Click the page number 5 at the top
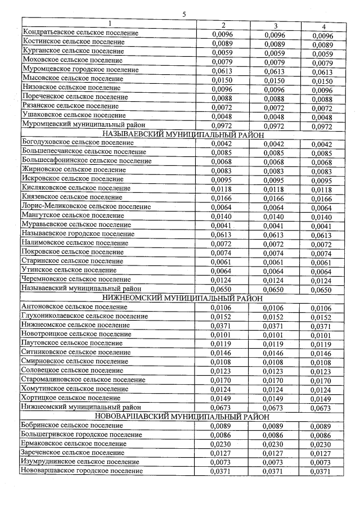(x=184, y=14)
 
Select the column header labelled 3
(x=276, y=25)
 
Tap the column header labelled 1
(x=110, y=24)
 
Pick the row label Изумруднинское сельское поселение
(x=79, y=461)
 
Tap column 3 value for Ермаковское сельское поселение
(x=276, y=443)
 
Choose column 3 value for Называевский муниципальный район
(x=276, y=289)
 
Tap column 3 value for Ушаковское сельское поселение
(x=276, y=116)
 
